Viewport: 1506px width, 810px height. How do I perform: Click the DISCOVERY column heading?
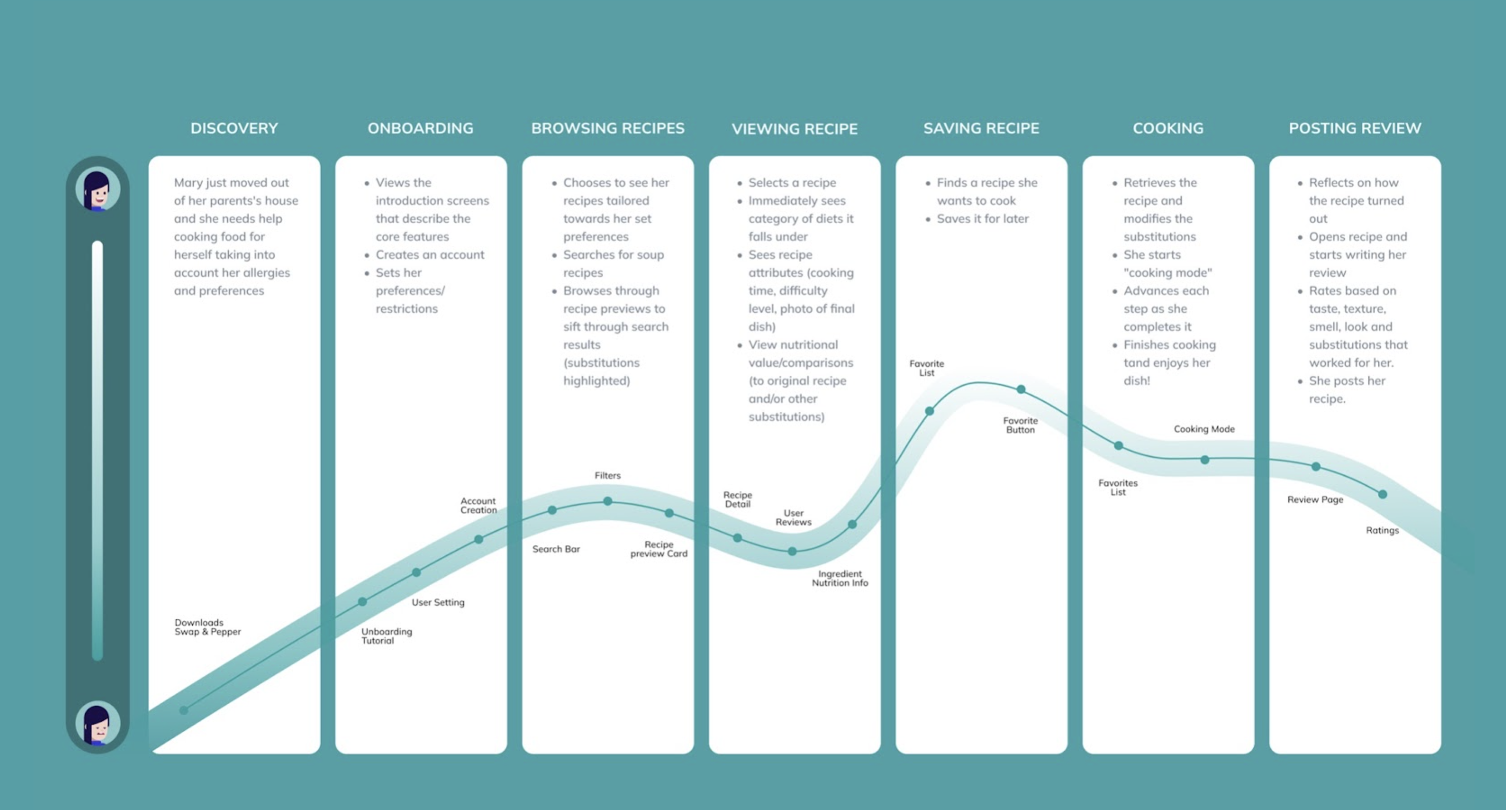(234, 128)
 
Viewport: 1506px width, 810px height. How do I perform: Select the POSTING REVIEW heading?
(1355, 128)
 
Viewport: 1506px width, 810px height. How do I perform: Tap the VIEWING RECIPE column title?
(794, 129)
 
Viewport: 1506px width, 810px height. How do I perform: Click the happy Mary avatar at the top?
(97, 189)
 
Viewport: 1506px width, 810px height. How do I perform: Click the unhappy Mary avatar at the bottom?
(97, 723)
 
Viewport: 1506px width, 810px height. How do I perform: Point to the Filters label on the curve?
(607, 476)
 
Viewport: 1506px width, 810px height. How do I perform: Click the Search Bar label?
(556, 549)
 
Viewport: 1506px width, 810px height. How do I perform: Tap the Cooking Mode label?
(1204, 429)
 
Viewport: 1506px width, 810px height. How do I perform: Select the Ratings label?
(1382, 530)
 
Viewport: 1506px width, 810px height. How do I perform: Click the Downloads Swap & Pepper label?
(207, 627)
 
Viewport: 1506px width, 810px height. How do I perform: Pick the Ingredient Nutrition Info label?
(839, 578)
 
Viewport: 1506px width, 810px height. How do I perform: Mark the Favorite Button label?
(1020, 425)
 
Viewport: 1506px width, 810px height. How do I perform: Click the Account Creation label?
(478, 505)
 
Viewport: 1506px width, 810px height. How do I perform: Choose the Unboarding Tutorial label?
(386, 636)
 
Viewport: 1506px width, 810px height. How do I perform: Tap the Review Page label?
(1315, 499)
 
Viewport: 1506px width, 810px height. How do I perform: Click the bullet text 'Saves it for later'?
(982, 218)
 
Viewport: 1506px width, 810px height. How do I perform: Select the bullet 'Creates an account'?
(430, 255)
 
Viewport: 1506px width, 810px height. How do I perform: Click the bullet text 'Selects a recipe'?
(792, 182)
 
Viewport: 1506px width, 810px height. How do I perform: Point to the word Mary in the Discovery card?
(189, 182)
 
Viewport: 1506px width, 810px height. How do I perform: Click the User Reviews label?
(793, 518)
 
